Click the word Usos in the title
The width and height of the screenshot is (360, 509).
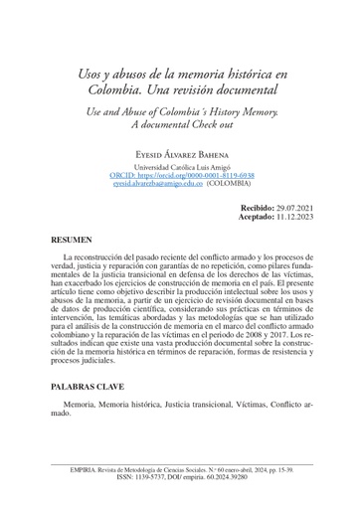tap(93, 75)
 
